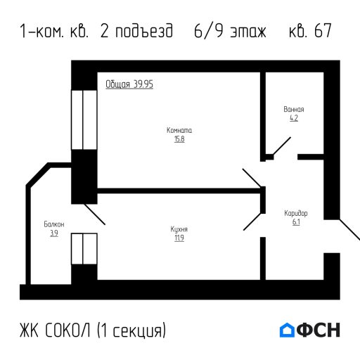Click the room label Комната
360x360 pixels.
tap(179, 131)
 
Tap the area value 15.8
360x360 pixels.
tap(179, 139)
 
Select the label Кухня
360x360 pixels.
tap(179, 229)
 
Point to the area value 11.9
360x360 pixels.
tap(179, 238)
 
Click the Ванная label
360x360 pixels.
tap(293, 110)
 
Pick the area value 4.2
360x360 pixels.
tap(293, 118)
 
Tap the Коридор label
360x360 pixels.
tap(295, 212)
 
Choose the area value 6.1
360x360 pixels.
tap(295, 221)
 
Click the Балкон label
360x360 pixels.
tap(53, 224)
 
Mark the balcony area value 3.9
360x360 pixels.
tap(53, 233)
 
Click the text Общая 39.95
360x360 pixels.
tap(130, 84)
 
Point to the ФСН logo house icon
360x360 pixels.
tap(287, 330)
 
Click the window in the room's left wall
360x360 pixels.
tap(83, 120)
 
